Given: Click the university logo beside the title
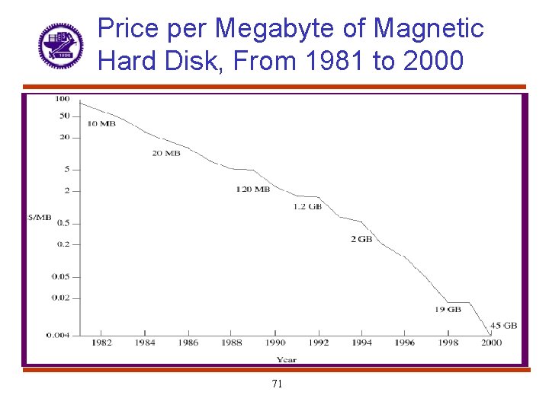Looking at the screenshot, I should pyautogui.click(x=61, y=46).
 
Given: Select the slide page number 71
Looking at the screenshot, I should pyautogui.click(x=277, y=384).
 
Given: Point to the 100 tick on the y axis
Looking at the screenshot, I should pyautogui.click(x=62, y=98).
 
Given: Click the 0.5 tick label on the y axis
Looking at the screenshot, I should pyautogui.click(x=63, y=223).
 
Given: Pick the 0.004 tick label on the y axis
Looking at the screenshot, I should pyautogui.click(x=59, y=334).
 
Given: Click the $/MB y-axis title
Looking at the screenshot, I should pyautogui.click(x=40, y=218).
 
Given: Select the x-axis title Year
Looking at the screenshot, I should pyautogui.click(x=287, y=359).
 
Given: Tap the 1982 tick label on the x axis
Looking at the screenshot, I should pyautogui.click(x=101, y=343).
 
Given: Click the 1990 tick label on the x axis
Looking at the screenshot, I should pyautogui.click(x=275, y=343).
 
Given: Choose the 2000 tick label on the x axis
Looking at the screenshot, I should pyautogui.click(x=491, y=343).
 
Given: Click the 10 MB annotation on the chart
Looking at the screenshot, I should pyautogui.click(x=101, y=123).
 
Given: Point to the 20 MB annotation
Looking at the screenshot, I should pyautogui.click(x=166, y=153).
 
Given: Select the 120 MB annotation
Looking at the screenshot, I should pyautogui.click(x=252, y=189).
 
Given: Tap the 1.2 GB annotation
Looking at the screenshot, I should pyautogui.click(x=307, y=206).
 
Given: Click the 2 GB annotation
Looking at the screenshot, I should pyautogui.click(x=361, y=239).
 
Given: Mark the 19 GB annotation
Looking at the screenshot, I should pyautogui.click(x=448, y=309).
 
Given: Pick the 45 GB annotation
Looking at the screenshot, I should pyautogui.click(x=504, y=325).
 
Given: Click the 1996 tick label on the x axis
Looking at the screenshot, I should pyautogui.click(x=405, y=343).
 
